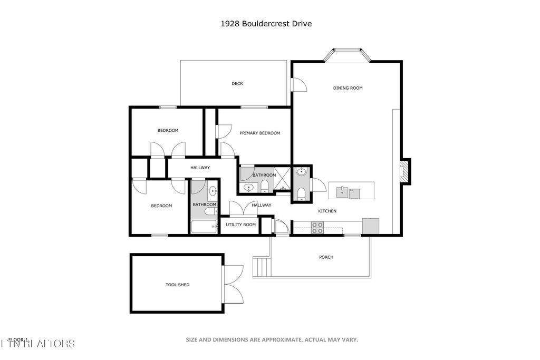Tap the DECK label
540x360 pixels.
click(x=237, y=83)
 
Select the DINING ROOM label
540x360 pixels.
click(x=348, y=88)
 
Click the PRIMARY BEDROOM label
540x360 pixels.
click(x=259, y=133)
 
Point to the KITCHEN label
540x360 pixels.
click(x=327, y=211)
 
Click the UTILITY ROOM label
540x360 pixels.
click(x=240, y=225)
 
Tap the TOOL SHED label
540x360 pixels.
click(x=177, y=285)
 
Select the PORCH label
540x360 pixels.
click(x=326, y=257)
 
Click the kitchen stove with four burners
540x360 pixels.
click(x=317, y=227)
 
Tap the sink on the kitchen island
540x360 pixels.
click(x=343, y=191)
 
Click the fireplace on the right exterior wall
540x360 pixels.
click(x=404, y=172)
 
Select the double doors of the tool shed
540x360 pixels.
click(x=232, y=284)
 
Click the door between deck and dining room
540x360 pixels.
click(x=298, y=85)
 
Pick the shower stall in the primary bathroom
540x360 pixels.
click(x=283, y=178)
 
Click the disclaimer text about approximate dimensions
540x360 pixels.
click(x=272, y=340)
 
